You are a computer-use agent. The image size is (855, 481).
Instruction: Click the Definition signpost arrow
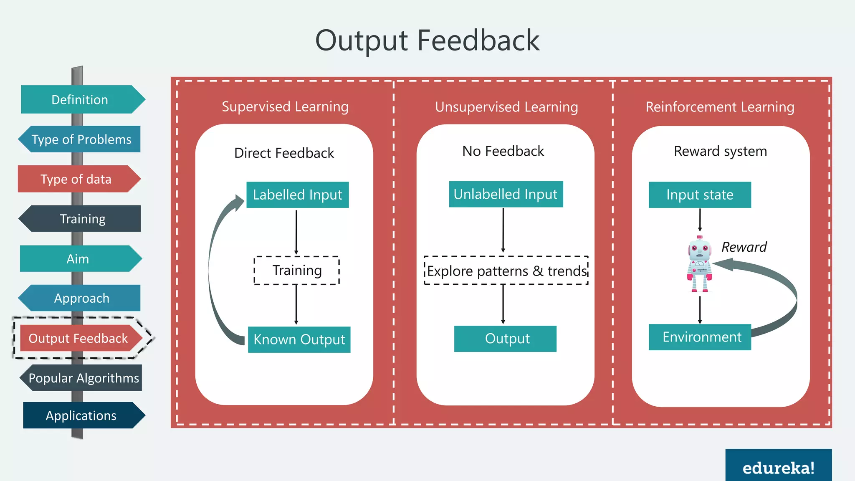pos(81,99)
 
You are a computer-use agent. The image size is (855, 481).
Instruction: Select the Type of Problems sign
pos(80,139)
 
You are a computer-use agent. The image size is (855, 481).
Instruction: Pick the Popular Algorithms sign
pos(82,377)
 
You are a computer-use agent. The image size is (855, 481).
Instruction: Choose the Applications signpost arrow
pos(82,415)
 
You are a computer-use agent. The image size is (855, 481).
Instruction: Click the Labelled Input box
pos(297,195)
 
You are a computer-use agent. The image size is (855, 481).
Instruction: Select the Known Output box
pos(299,339)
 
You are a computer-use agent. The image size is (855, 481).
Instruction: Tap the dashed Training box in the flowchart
pos(296,271)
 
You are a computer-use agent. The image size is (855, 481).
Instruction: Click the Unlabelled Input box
pos(506,194)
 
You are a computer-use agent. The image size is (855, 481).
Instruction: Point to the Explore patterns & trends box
pos(506,271)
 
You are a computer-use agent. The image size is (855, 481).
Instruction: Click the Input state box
pos(700,195)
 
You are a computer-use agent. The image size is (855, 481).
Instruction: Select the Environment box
pos(700,337)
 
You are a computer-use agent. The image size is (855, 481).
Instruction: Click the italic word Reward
pos(744,247)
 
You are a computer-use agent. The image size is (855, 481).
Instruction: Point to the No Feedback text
pos(503,151)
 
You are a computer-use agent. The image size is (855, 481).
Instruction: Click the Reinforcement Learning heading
pos(720,107)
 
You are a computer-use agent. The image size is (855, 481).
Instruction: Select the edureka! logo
pos(778,467)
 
